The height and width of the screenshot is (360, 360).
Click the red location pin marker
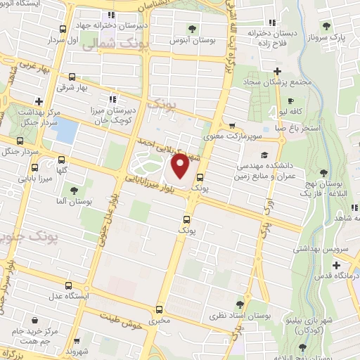click(180, 166)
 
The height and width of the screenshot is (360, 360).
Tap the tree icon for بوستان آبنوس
click(191, 29)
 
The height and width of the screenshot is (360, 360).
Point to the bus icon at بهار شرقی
click(72, 77)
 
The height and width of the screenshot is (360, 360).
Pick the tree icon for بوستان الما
click(74, 190)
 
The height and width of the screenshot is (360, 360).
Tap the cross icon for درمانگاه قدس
click(336, 265)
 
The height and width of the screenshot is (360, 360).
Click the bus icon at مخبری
click(159, 309)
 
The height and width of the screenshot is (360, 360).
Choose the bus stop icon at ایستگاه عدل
click(68, 285)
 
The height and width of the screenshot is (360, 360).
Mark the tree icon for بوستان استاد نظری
click(240, 304)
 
